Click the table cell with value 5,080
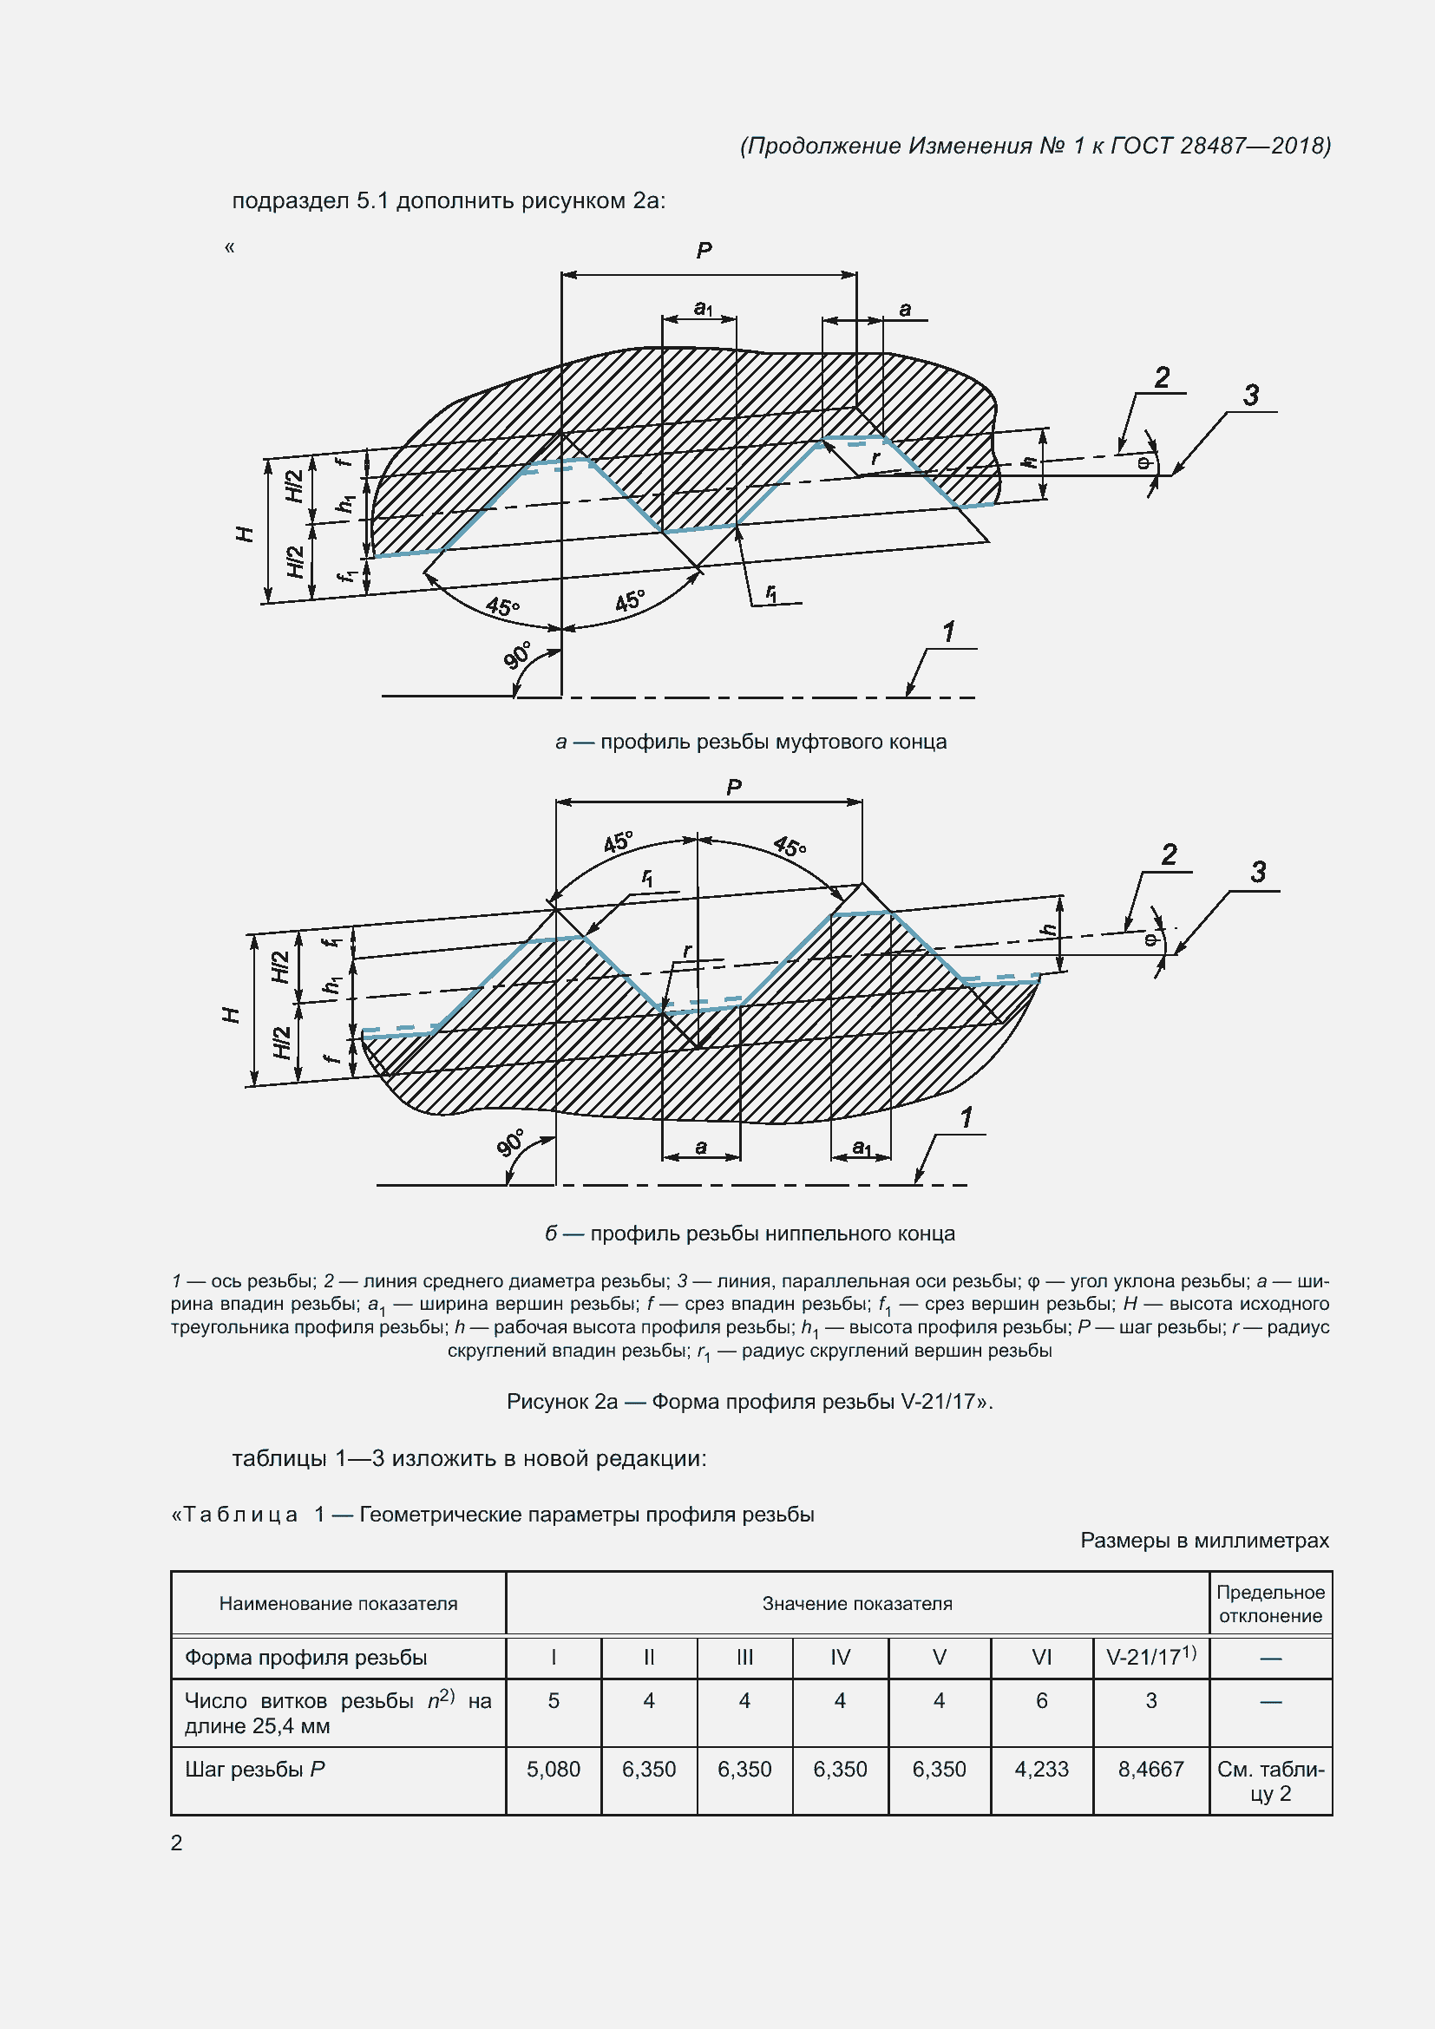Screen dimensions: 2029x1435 554,1769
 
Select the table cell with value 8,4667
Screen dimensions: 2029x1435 1150,1769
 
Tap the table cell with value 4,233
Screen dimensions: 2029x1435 1041,1769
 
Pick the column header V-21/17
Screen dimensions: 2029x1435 1150,1657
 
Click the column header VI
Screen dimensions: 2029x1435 1041,1657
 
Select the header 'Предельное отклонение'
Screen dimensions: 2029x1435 1270,1604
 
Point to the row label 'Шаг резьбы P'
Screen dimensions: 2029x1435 255,1769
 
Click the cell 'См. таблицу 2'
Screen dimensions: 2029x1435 1270,1781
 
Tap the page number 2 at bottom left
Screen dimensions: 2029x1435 177,1842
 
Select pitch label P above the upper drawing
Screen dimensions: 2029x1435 704,251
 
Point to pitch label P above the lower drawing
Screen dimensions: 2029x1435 734,787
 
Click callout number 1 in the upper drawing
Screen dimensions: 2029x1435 949,632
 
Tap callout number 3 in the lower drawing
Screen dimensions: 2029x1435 1258,872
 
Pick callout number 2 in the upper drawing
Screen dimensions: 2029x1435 1162,377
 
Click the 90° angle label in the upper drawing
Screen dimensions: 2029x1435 518,655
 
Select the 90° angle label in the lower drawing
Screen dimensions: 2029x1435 511,1142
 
